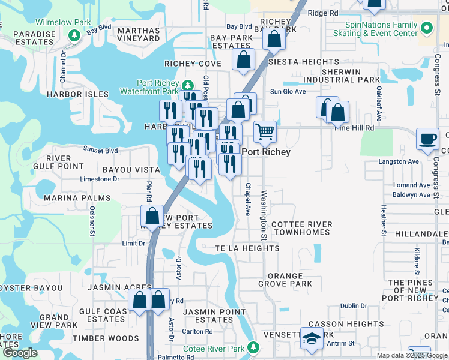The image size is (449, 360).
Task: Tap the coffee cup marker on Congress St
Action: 427,139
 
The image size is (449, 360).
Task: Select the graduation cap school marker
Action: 312,340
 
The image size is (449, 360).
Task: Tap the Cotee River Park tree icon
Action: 255,347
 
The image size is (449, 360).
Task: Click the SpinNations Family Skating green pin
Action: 427,28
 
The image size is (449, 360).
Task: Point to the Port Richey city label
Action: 266,152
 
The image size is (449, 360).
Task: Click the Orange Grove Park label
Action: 285,280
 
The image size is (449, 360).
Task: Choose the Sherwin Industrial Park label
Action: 342,76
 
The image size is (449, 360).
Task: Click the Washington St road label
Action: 264,213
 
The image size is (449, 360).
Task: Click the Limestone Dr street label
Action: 100,179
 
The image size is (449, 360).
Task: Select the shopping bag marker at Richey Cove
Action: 243,60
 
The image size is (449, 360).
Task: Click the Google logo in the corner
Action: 20,353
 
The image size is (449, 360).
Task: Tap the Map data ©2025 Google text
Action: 411,355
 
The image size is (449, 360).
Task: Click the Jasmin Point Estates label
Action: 208,316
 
